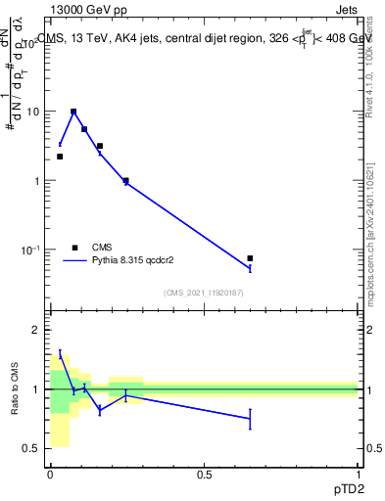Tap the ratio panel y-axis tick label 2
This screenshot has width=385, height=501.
click(x=36, y=330)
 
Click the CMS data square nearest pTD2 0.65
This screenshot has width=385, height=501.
click(x=250, y=258)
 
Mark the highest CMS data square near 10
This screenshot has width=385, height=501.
click(x=72, y=112)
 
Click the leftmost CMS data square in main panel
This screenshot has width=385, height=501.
click(x=60, y=157)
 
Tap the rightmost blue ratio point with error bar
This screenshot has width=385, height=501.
click(x=250, y=419)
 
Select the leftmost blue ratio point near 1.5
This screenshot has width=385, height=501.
click(x=60, y=354)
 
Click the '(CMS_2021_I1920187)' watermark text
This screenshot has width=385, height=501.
click(x=203, y=292)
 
